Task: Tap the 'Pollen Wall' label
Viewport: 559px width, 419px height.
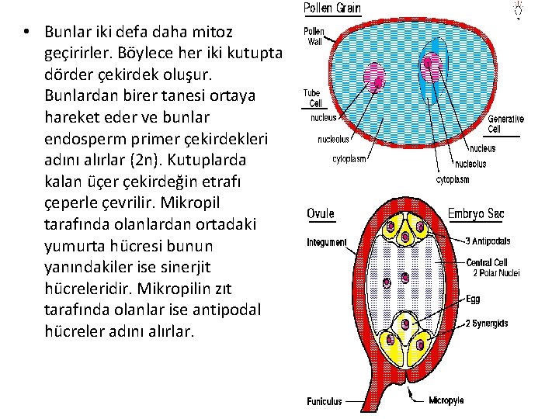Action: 314,37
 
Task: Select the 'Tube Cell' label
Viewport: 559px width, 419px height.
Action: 312,98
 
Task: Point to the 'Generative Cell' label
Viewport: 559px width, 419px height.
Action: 505,124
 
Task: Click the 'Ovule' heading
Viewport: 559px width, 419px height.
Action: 321,213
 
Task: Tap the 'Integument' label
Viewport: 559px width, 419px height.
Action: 327,242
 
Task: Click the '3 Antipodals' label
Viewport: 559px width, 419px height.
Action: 487,241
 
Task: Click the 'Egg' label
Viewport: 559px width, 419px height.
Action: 473,298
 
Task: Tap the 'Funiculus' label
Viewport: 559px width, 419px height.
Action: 324,402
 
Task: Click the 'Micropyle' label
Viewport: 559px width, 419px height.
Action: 446,400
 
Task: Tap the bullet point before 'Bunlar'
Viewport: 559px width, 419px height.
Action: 26,33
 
